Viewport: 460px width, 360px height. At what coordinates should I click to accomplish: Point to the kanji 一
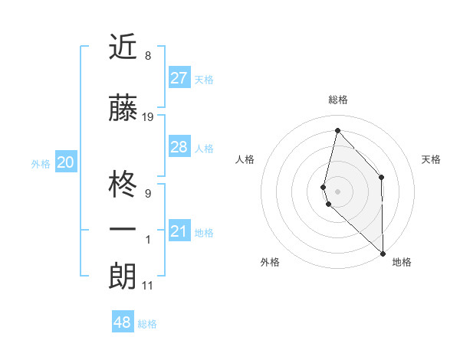pos(123,230)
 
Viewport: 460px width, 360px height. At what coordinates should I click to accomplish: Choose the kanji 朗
pos(123,277)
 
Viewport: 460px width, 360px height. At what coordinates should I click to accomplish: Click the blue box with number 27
pos(179,78)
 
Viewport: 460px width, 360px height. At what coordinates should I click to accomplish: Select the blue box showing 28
pos(179,147)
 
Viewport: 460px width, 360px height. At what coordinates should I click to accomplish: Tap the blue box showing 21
pos(179,231)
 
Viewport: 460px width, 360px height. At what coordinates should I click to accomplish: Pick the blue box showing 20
pos(65,162)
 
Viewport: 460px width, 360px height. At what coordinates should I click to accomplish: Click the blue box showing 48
pos(123,322)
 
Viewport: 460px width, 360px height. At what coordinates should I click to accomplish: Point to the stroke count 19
pos(148,117)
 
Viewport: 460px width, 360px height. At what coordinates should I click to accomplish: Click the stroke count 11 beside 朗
pos(148,286)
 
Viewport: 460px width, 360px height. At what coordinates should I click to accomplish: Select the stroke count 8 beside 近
pos(148,56)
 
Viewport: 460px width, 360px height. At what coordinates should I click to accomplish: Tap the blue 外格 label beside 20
pos(40,163)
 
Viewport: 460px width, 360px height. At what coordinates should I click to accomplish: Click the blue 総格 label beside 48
pos(147,324)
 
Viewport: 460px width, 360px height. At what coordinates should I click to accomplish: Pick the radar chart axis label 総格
pos(338,100)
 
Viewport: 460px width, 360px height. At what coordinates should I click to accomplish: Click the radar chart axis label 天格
pos(432,159)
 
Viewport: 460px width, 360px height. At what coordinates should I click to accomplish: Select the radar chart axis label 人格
pos(245,159)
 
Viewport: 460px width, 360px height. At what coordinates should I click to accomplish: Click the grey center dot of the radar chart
pos(338,190)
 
